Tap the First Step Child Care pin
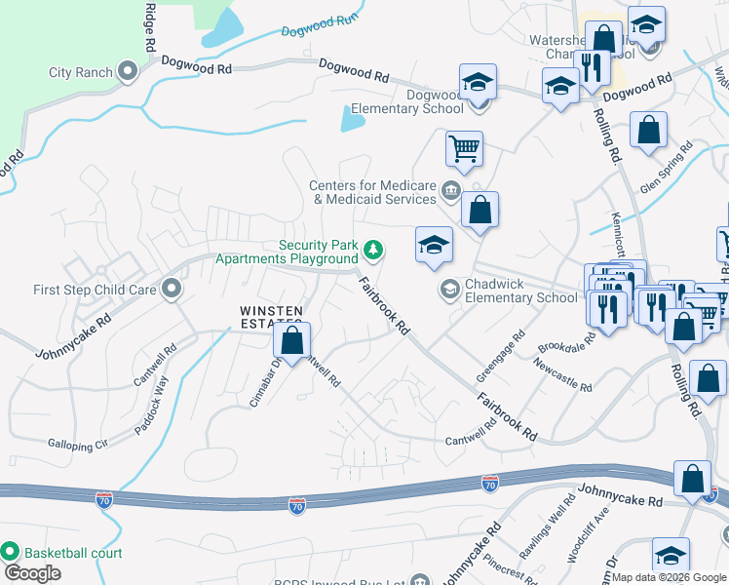pos(172,289)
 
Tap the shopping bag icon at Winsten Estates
pos(291,342)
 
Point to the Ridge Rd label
pos(150,25)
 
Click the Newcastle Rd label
pos(562,374)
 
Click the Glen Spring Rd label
pos(668,168)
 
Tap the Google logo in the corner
pos(32,573)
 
